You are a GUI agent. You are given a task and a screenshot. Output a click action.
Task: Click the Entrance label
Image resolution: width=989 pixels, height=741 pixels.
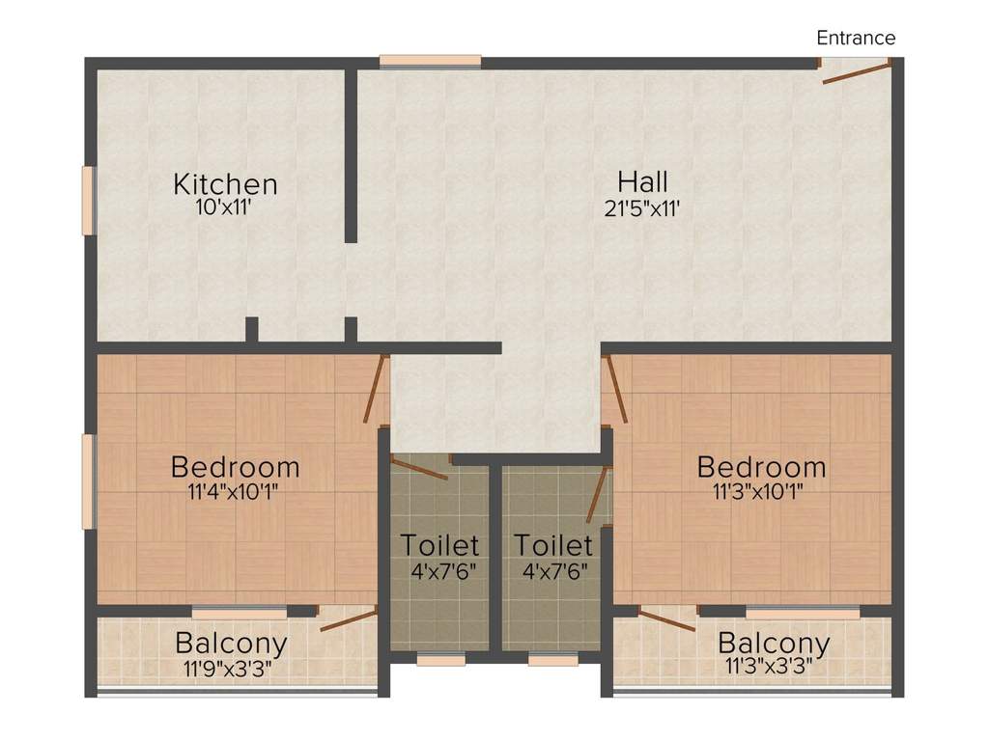point(856,38)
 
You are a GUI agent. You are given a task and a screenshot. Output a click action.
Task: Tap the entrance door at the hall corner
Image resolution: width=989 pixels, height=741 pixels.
point(856,71)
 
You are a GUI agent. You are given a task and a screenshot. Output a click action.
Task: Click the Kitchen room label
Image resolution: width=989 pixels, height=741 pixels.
point(225,184)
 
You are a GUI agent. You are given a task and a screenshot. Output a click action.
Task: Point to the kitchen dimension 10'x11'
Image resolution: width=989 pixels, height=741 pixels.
point(224,206)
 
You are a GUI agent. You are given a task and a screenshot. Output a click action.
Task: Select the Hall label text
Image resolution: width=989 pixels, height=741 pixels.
point(642,182)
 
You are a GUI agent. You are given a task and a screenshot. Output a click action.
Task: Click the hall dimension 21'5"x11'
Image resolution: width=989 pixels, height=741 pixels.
point(642,208)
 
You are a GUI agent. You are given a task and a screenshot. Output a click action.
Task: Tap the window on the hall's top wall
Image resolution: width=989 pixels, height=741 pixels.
point(430,62)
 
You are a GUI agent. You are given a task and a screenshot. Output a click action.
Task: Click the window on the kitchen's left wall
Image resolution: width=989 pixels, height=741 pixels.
point(89,201)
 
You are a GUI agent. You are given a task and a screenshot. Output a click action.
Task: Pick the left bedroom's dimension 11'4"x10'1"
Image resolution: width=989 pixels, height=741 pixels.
point(234,491)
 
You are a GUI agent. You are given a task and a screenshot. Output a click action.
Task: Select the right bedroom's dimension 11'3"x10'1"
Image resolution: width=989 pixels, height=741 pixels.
point(758,491)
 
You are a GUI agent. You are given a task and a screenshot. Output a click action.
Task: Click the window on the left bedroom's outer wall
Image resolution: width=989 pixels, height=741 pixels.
point(88,481)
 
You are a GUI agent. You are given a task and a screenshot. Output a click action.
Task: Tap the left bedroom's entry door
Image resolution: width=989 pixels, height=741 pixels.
point(375,389)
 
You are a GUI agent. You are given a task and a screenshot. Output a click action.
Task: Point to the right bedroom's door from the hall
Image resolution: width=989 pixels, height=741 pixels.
point(616,389)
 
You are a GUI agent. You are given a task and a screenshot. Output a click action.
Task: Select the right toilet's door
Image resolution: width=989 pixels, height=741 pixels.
point(597,495)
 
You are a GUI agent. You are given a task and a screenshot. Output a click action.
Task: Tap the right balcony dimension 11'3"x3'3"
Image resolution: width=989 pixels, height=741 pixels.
point(769,666)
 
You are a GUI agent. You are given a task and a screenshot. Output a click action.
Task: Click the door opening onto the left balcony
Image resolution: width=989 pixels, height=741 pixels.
point(349,618)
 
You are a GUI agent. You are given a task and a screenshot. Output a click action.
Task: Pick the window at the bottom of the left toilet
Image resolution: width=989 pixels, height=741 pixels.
point(440,660)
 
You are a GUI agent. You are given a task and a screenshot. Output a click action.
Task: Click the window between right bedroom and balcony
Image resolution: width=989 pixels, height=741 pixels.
point(803,612)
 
